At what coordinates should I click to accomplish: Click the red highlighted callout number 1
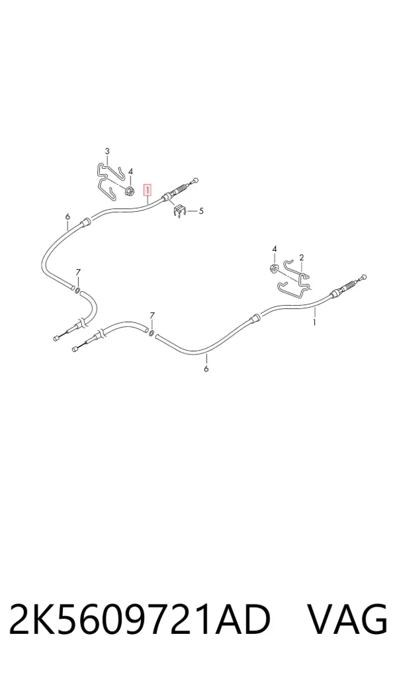[x=147, y=189]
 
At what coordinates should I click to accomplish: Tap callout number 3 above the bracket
[x=107, y=151]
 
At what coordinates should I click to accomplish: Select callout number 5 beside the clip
[x=201, y=210]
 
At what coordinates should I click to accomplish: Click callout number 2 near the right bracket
[x=302, y=257]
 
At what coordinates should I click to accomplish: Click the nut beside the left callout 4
[x=130, y=191]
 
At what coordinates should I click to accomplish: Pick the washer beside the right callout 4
[x=273, y=269]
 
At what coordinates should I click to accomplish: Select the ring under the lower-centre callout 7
[x=152, y=333]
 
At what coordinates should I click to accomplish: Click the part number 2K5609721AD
[x=140, y=619]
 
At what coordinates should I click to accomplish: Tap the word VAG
[x=347, y=619]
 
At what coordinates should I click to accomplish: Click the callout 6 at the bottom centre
[x=206, y=369]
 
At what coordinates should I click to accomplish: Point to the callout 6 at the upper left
[x=67, y=217]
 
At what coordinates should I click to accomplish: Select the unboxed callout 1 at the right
[x=314, y=322]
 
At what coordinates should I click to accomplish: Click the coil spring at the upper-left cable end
[x=182, y=188]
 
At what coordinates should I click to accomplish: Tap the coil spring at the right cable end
[x=351, y=285]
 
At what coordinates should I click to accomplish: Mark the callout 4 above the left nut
[x=130, y=171]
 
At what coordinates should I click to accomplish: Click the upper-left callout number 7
[x=77, y=273]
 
